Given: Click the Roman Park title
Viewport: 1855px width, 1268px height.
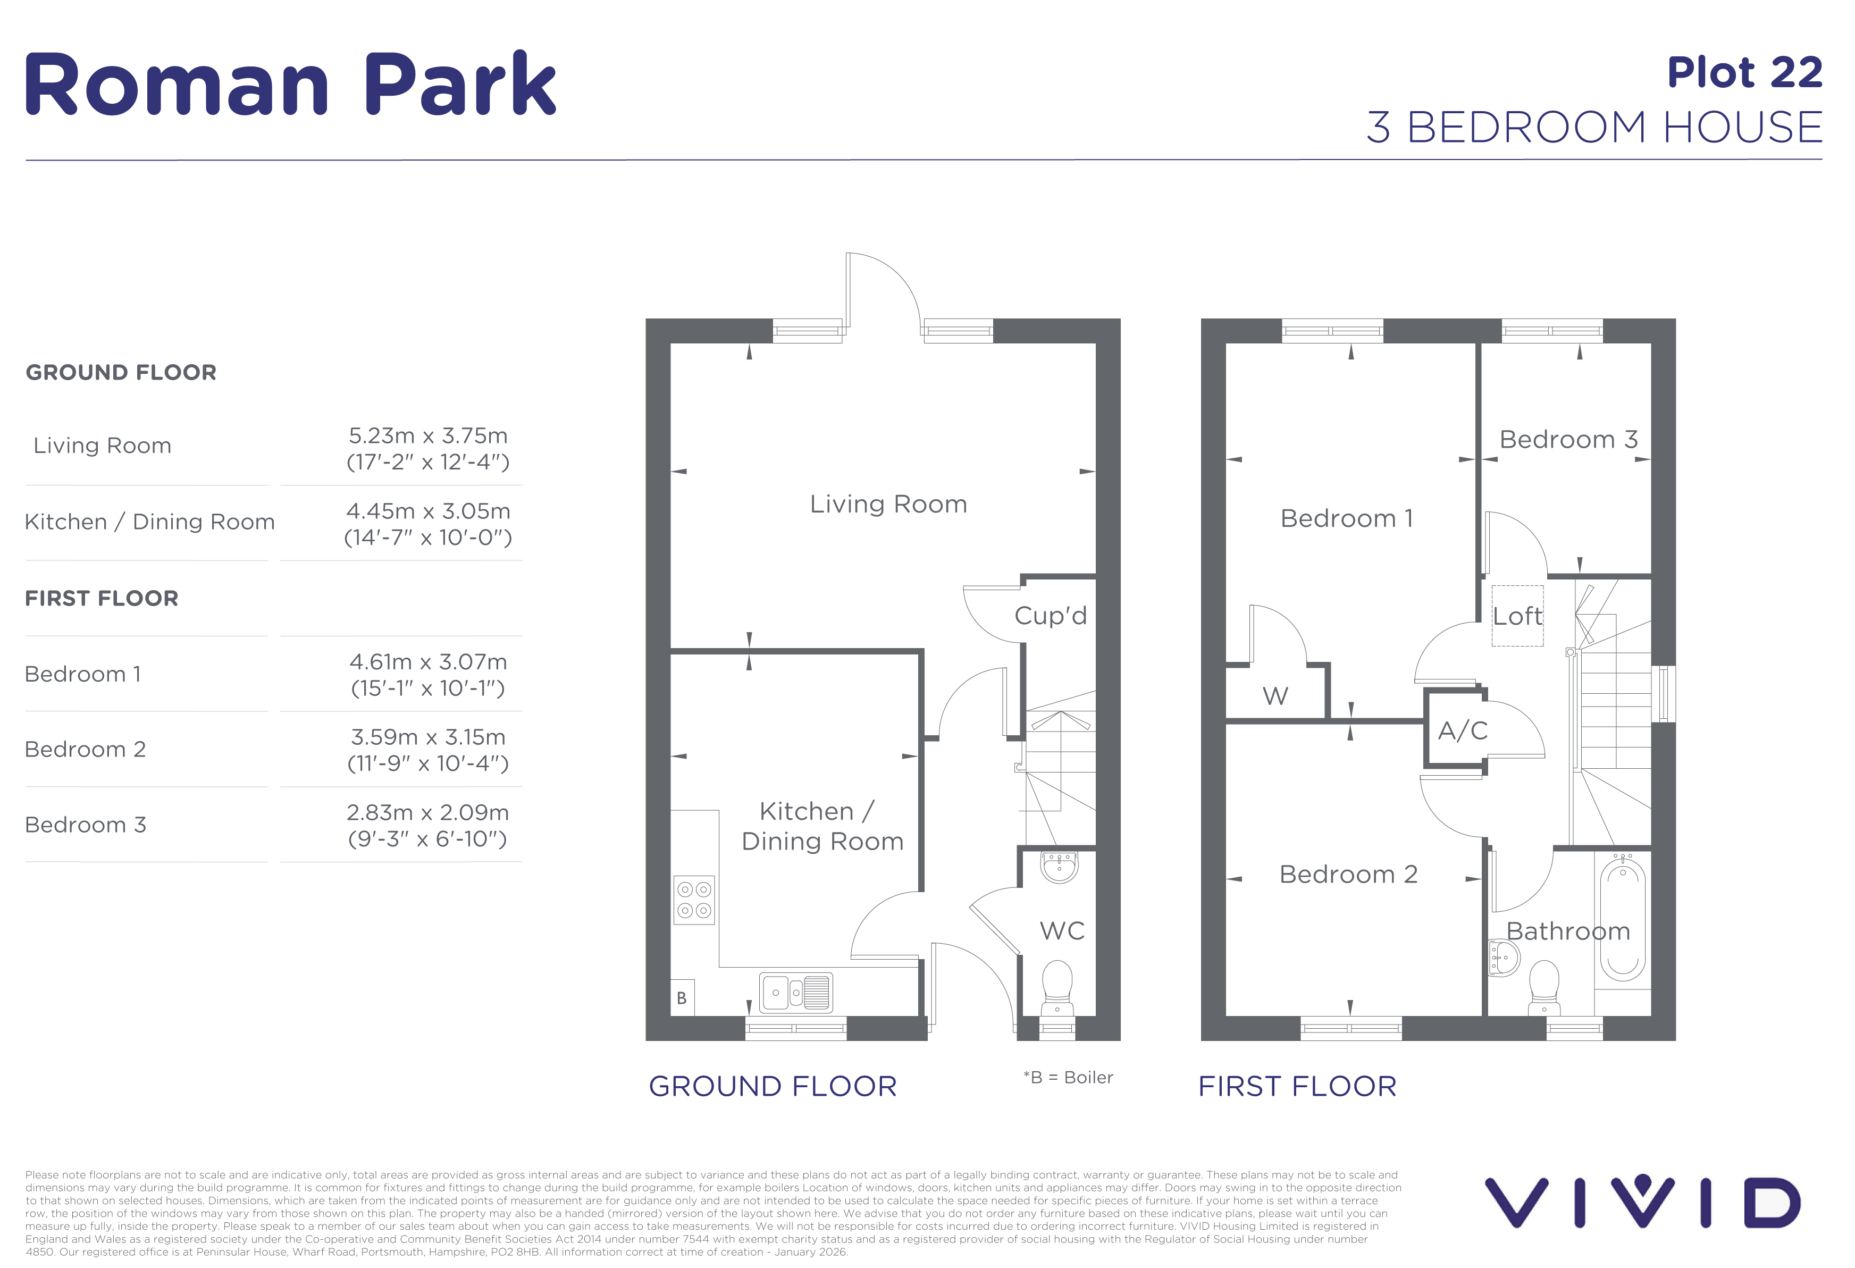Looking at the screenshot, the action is point(290,84).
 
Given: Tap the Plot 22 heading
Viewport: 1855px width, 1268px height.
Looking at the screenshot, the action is point(1745,73).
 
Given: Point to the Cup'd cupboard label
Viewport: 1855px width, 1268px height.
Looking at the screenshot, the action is point(1051,615).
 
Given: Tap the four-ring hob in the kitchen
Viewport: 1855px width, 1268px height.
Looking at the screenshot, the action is point(694,900).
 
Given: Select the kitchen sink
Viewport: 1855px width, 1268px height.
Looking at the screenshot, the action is point(796,993).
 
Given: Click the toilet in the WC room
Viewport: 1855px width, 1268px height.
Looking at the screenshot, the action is point(1057,987).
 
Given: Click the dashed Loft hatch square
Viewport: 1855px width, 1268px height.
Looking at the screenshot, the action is point(1517,615).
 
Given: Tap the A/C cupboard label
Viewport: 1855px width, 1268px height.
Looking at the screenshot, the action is point(1462,730).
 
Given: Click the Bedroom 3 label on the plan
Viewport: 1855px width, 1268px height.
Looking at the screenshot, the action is point(1568,439).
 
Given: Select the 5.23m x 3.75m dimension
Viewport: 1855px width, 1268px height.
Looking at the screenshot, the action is point(428,436).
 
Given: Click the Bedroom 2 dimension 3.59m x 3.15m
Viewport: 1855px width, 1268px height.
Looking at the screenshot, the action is point(428,736).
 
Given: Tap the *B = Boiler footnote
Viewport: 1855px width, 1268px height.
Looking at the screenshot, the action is point(1068,1077).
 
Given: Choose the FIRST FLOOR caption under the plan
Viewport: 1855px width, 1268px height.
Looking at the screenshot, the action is point(1297,1086).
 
